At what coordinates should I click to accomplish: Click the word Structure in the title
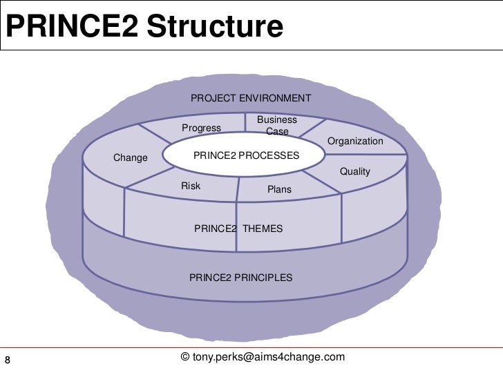tap(215, 27)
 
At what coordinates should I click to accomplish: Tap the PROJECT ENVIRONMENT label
tap(250, 98)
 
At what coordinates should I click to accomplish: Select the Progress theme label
tap(201, 128)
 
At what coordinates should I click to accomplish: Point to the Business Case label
tap(277, 125)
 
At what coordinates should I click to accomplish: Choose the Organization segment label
tap(355, 141)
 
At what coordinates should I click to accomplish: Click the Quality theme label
tap(355, 171)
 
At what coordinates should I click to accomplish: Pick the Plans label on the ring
tap(279, 189)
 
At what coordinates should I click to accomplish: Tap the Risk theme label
tap(191, 186)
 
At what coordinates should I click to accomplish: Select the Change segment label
tap(131, 157)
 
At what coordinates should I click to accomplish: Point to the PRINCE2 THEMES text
tap(238, 228)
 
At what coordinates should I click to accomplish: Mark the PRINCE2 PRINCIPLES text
tap(240, 278)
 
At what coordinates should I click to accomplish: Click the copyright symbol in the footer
tap(184, 356)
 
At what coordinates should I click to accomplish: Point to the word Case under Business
tap(277, 130)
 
